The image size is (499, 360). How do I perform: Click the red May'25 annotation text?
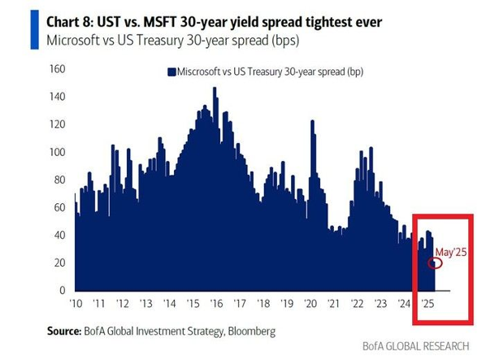pyautogui.click(x=452, y=252)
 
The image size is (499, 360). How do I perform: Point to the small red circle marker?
pyautogui.click(x=436, y=262)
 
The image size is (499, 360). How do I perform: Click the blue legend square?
pyautogui.click(x=171, y=72)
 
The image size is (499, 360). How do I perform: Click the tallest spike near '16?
pyautogui.click(x=215, y=89)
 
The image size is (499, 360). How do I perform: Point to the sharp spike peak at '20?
pyautogui.click(x=311, y=122)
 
